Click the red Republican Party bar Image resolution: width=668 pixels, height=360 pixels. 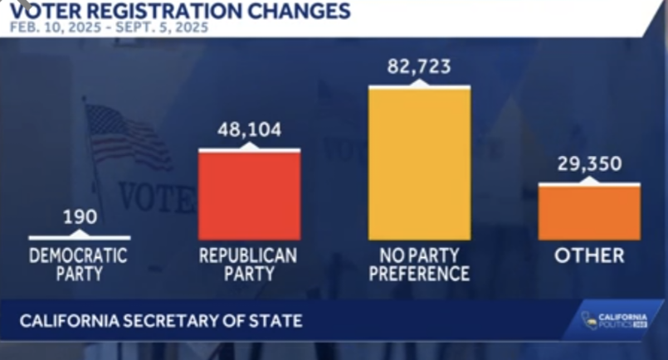249,196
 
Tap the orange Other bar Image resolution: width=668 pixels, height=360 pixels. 589,212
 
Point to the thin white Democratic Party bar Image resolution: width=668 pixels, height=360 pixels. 80,238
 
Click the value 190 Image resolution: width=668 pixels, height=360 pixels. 80,218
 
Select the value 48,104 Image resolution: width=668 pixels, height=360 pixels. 249,130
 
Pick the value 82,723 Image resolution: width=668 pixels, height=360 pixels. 419,66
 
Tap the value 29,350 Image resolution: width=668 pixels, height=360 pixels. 589,164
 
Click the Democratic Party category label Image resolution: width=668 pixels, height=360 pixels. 80,265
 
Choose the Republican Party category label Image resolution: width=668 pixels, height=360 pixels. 248,265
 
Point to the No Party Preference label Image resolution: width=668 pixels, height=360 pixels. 419,265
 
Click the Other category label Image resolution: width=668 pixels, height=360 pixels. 589,256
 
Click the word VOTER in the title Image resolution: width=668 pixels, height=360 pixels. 55,12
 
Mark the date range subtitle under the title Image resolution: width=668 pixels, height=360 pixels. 109,28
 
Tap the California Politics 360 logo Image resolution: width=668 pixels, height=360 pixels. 614,320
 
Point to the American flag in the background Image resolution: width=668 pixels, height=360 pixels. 124,137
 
